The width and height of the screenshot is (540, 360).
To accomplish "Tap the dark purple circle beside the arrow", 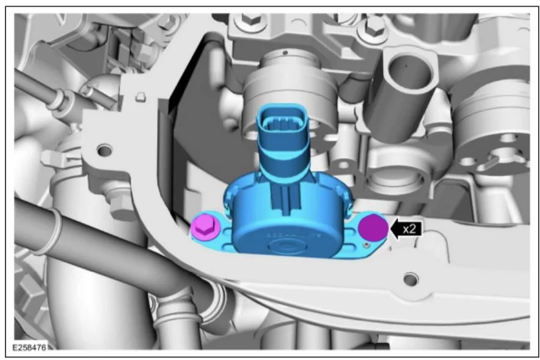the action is (x=373, y=228).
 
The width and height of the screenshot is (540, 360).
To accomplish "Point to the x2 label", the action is (x=409, y=229).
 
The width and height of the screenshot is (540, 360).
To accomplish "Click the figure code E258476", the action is (x=29, y=347).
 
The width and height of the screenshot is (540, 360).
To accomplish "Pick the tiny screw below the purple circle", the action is (x=367, y=245).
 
